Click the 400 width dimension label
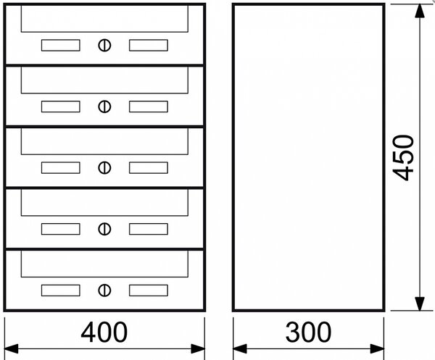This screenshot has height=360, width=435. (104, 332)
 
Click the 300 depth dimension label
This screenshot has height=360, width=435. (308, 332)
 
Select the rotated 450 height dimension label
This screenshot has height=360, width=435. (403, 157)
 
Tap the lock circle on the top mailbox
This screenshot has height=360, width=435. (104, 45)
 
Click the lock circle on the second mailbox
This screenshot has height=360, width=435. (104, 106)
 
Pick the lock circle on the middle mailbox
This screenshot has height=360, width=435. (104, 167)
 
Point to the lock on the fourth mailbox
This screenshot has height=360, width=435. (104, 229)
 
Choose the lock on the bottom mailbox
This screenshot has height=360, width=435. (104, 290)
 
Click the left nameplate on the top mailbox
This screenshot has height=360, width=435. (61, 45)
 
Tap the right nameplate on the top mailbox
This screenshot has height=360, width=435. (149, 45)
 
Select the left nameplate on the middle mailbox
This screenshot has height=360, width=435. (61, 167)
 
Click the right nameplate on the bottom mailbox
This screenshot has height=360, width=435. (149, 290)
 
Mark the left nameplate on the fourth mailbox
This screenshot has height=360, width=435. (61, 229)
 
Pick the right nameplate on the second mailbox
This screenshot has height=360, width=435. (149, 106)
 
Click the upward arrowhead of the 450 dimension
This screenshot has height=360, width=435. (420, 11)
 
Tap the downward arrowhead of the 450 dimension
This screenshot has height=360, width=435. (420, 304)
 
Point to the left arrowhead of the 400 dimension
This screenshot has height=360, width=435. (12, 348)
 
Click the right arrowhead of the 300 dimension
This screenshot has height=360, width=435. (377, 348)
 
